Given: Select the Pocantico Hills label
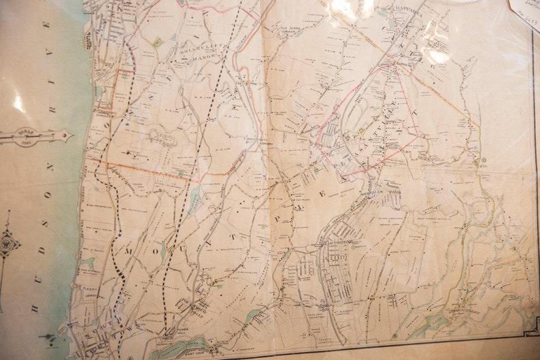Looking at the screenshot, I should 197,304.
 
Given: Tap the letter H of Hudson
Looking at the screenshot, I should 35,310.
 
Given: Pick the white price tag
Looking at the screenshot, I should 524,10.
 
